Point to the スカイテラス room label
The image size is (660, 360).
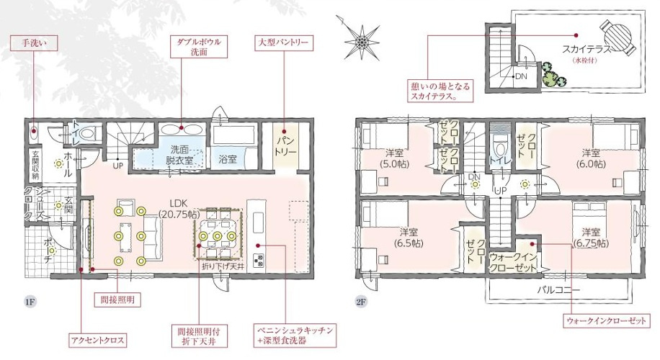coord(590,50)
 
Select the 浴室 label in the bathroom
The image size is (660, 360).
coord(228,159)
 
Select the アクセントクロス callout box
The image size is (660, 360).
coord(99,340)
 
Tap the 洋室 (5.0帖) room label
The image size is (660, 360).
coord(393,158)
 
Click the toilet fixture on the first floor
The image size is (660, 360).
coord(89,133)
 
